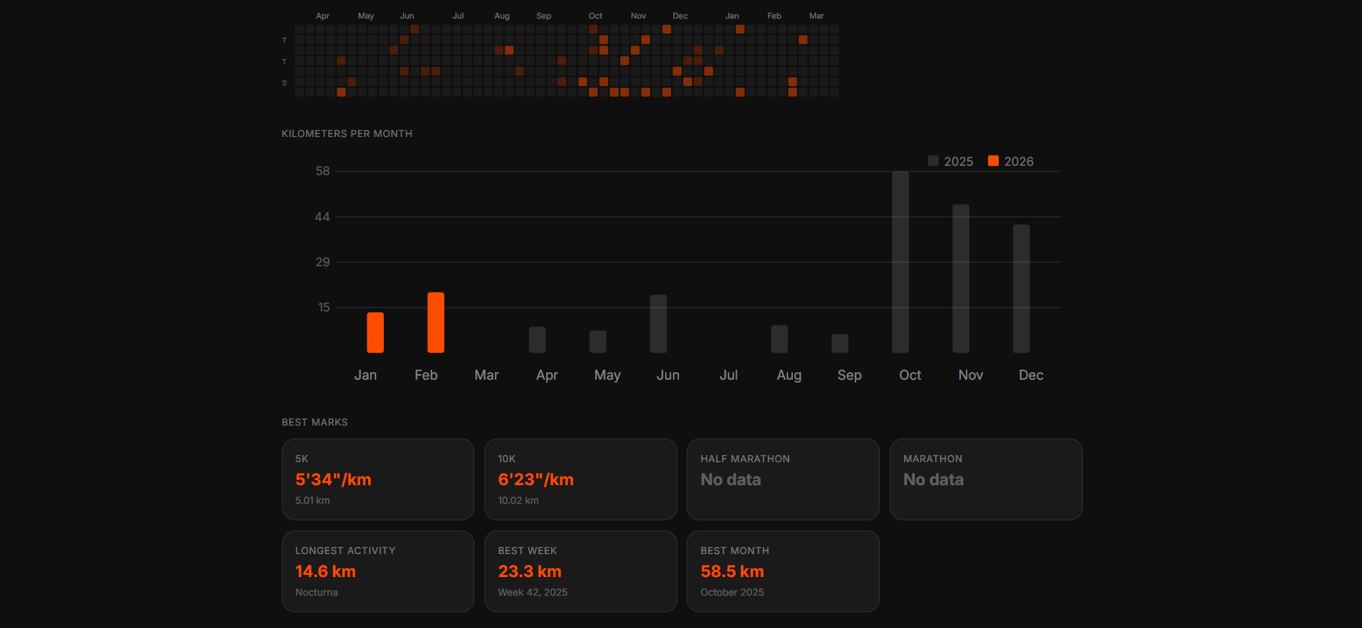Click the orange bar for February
coord(436,322)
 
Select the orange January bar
coord(375,332)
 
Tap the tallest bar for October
coord(900,262)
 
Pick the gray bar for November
coord(960,278)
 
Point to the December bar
coord(1020,289)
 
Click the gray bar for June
coord(658,324)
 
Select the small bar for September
coord(840,343)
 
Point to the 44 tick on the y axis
coord(322,217)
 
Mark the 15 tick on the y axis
coord(324,307)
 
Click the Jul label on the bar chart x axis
coord(728,375)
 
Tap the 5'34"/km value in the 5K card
coord(333,479)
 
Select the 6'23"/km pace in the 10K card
coord(535,479)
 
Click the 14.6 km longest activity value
coord(325,571)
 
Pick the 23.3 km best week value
coord(530,571)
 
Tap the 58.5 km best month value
coord(732,571)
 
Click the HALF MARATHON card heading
coord(745,459)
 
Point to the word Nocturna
coord(316,592)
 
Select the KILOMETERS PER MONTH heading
coord(347,133)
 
